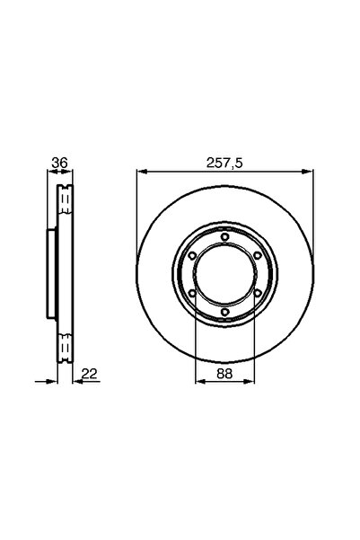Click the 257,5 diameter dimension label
[224, 163]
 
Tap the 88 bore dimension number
[224, 373]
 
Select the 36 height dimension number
[59, 163]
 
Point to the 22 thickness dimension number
[89, 373]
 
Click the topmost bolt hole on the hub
[224, 236]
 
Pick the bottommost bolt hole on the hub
[224, 312]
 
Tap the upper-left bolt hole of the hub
[192, 255]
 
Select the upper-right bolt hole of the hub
[258, 255]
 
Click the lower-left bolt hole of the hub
[192, 294]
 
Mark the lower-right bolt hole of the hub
[258, 293]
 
